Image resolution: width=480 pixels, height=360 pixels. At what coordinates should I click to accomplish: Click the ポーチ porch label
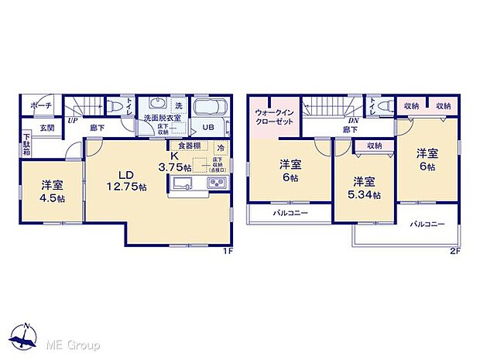[41, 105]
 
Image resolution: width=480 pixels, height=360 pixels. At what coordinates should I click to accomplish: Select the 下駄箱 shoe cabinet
[26, 146]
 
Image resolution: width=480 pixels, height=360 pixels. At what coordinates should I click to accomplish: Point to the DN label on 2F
[352, 122]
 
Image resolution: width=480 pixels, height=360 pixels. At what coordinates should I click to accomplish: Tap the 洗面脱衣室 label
[162, 118]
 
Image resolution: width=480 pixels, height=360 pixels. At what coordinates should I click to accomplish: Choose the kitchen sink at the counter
[183, 183]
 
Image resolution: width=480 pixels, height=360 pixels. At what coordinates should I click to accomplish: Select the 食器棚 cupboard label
[190, 146]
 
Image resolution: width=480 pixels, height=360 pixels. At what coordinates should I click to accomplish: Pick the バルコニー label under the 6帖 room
[290, 212]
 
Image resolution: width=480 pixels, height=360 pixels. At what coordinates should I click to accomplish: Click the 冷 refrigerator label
[221, 147]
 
